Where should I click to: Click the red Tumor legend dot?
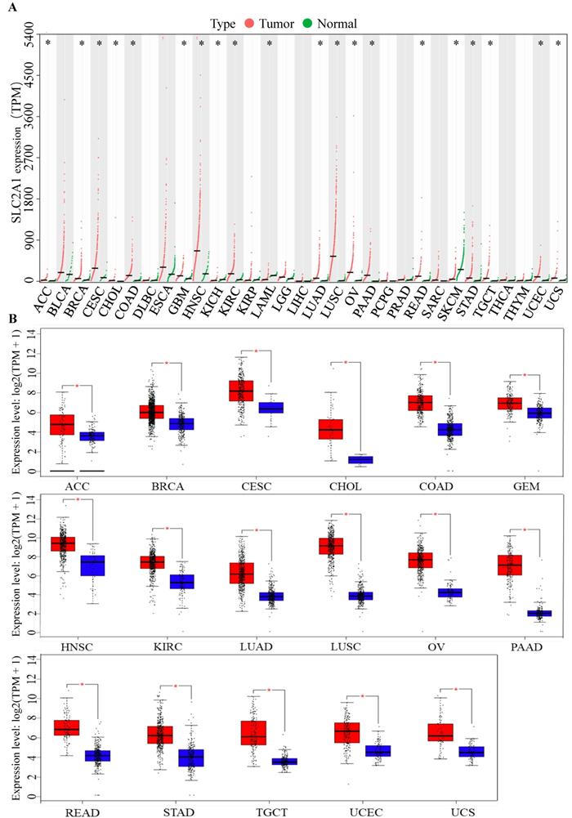point(248,24)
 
